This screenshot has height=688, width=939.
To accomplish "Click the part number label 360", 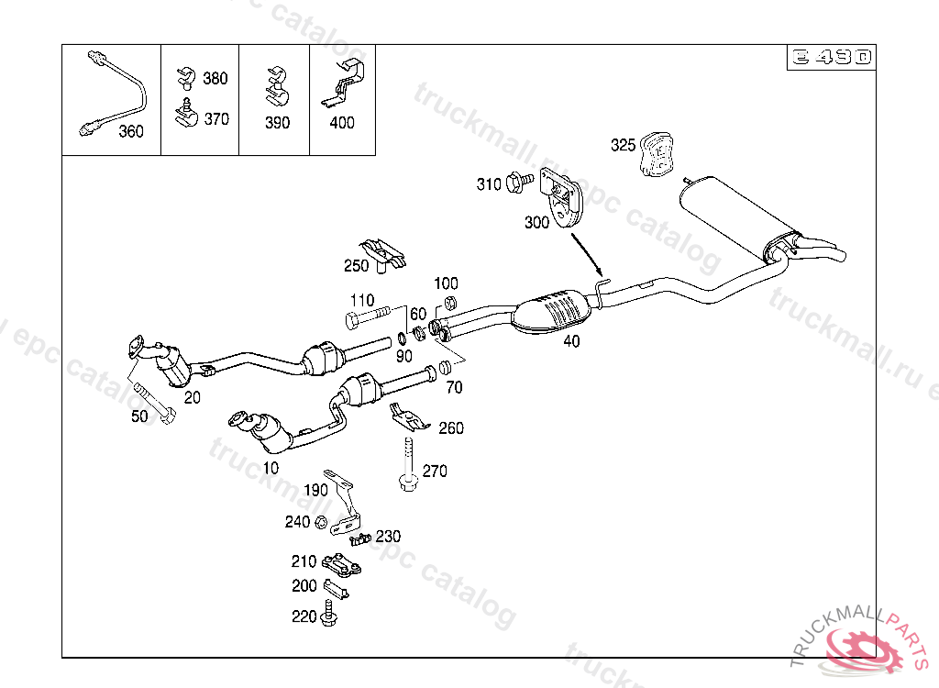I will point(131,131).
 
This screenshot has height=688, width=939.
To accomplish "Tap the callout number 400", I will point(341,123).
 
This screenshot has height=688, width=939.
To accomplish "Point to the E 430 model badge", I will point(829,58).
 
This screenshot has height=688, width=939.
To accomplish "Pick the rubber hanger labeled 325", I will point(657,153).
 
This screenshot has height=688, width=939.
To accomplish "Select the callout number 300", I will point(536,222).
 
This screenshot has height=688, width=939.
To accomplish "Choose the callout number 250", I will point(356,266).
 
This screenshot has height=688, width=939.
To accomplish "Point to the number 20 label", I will point(192,397).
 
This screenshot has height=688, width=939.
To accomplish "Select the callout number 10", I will point(270,467).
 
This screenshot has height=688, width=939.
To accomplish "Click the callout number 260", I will point(451,427).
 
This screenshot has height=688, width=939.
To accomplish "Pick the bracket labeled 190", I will point(345,500).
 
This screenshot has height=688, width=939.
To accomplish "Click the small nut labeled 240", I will point(320,523).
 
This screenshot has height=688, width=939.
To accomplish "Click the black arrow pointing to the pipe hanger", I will point(587,256).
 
